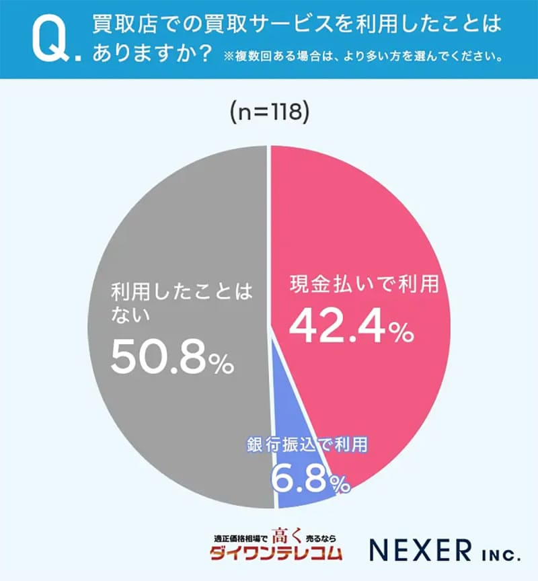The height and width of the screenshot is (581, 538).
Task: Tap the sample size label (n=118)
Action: [x=269, y=112]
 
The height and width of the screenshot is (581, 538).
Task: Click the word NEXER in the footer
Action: [x=420, y=550]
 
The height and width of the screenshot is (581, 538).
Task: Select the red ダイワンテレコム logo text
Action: [x=276, y=554]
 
